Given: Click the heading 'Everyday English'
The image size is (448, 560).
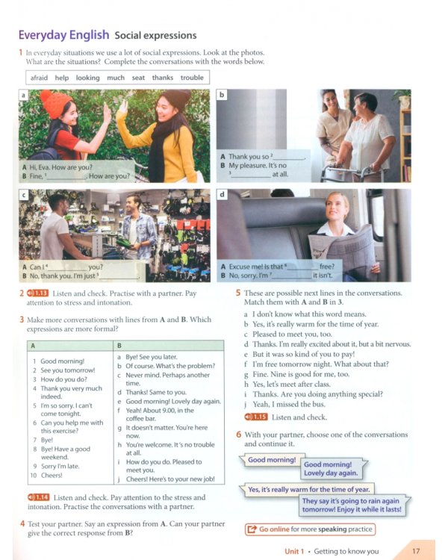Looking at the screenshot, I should (63, 35).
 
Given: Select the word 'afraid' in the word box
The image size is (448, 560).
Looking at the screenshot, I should (40, 78).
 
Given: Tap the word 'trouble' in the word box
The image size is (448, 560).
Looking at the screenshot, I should (191, 78).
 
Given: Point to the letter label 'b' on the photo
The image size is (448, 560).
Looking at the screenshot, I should (222, 96).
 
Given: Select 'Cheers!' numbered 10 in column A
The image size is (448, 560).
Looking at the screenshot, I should (54, 474).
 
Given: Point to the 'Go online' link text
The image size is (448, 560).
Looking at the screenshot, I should (274, 529).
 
